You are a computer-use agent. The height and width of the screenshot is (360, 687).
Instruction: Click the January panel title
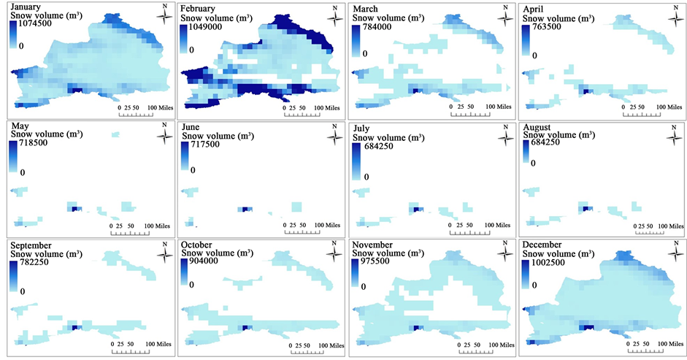tap(25, 7)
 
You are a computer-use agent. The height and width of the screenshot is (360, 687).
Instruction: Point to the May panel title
tap(20, 126)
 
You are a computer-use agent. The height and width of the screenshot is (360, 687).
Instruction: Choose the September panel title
tap(34, 245)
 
